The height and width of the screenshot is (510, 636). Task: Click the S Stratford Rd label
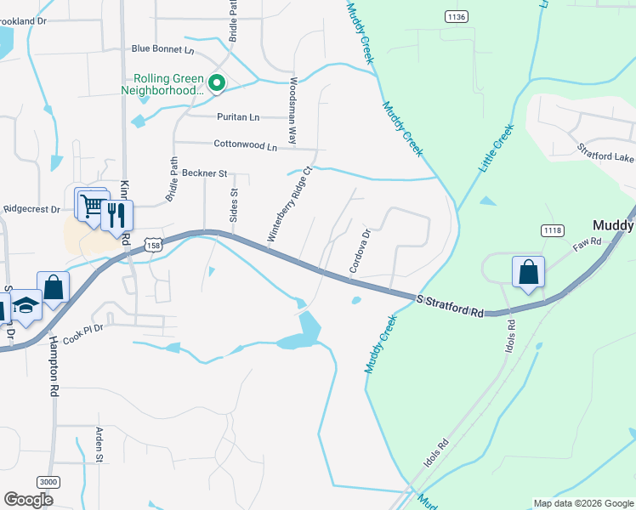click(450, 306)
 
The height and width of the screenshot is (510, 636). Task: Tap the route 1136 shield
click(457, 16)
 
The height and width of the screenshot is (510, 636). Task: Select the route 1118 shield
click(553, 230)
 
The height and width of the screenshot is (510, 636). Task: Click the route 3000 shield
click(49, 482)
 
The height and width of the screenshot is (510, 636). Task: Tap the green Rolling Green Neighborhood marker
click(217, 82)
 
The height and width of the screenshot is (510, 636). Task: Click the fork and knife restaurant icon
click(116, 214)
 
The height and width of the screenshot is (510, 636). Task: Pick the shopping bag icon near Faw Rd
click(528, 273)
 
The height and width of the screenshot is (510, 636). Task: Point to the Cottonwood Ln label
click(246, 146)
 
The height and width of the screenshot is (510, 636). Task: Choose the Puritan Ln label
click(238, 117)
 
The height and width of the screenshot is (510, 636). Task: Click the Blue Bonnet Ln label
click(164, 51)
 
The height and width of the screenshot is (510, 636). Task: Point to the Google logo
click(28, 499)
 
